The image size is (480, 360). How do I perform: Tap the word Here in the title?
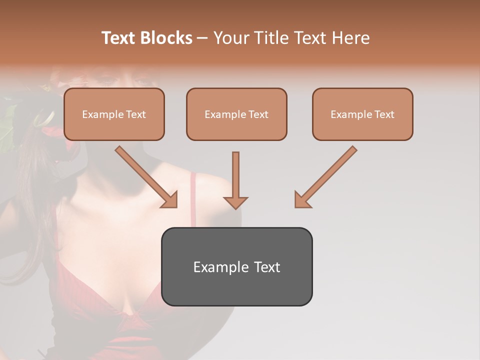point(349,38)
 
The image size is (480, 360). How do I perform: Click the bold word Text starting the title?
point(119,38)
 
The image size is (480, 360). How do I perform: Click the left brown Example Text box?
point(114,114)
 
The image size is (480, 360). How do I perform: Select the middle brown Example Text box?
point(236,114)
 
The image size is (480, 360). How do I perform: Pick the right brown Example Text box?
point(362,114)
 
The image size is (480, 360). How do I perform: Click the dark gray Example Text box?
point(236,266)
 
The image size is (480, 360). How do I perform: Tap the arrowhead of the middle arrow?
point(235,202)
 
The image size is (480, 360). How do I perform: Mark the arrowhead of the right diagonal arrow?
point(301,200)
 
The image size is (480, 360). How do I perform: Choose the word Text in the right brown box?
point(384,114)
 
